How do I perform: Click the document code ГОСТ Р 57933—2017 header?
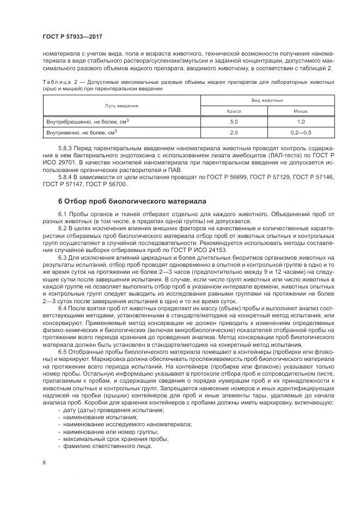pos(72,36)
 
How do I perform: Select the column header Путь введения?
pos(122,106)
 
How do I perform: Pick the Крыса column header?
pos(234,111)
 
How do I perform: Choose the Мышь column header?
pos(301,111)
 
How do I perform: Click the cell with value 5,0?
pos(234,121)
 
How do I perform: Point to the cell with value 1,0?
pos(301,121)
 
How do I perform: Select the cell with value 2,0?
pos(234,132)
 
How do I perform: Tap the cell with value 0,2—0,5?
pos(301,132)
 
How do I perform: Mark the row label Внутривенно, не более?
pos(81,132)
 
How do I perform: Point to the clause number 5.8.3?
pos(65,148)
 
